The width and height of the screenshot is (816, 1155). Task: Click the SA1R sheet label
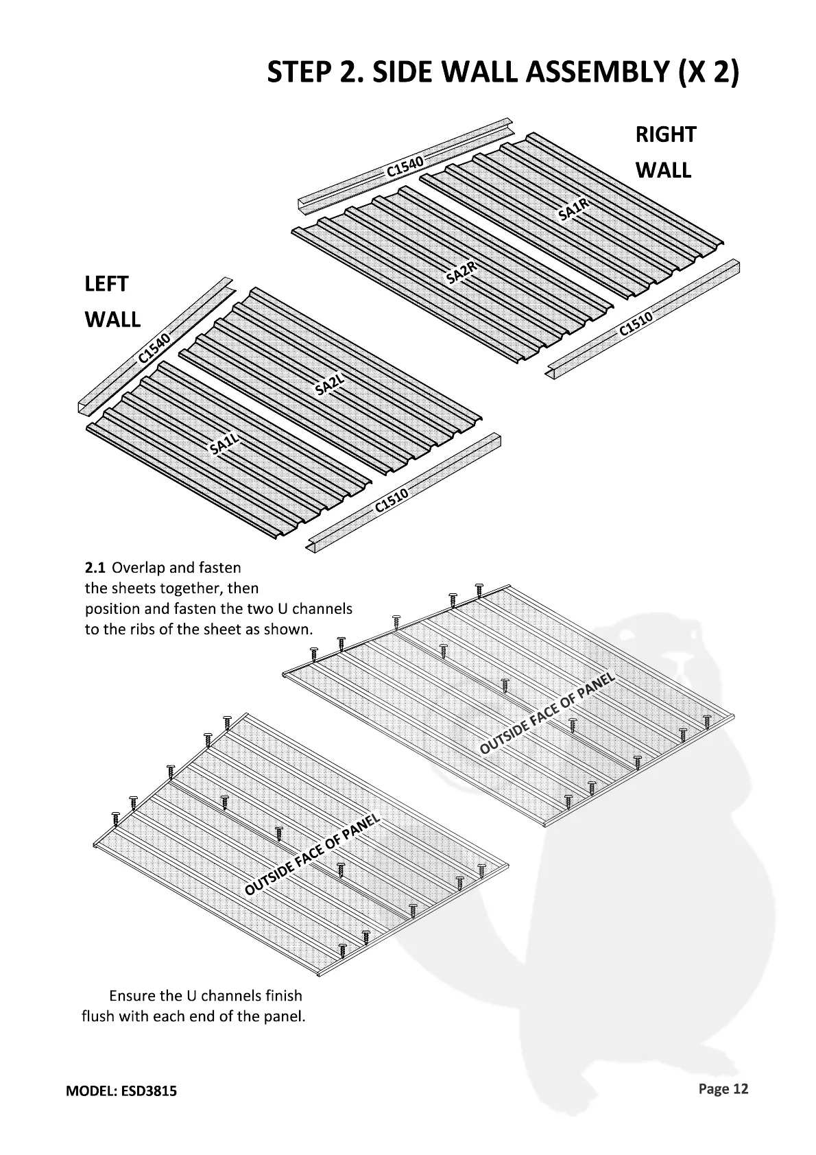coord(574,207)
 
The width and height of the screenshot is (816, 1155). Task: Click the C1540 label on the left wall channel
coord(154,348)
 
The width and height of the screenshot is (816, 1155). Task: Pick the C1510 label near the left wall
coord(392,501)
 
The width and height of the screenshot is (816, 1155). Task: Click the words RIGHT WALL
coord(664,152)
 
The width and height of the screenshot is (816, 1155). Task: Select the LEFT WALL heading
coord(112,302)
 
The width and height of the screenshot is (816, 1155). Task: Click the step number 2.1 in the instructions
coord(95,568)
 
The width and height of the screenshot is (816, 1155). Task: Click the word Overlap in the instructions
coord(136,568)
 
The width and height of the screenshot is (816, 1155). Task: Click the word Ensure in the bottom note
coord(133,995)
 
